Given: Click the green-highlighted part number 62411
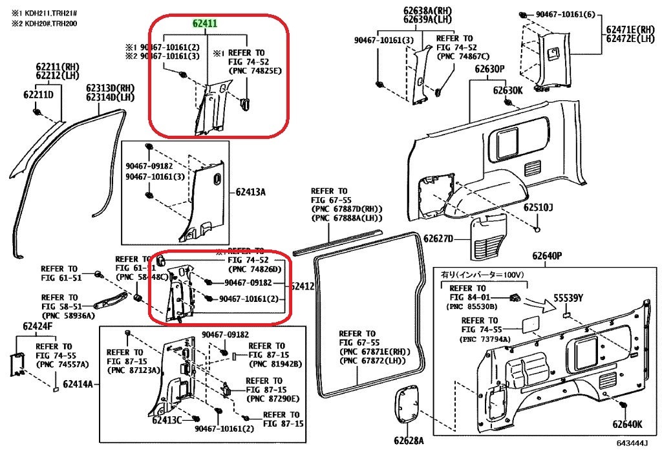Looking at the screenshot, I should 205,24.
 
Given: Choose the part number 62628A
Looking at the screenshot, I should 409,441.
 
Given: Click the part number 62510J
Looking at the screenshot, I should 539,207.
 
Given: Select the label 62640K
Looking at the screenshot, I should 627,425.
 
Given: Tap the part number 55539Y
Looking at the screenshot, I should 568,299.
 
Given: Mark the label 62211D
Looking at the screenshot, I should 39,95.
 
